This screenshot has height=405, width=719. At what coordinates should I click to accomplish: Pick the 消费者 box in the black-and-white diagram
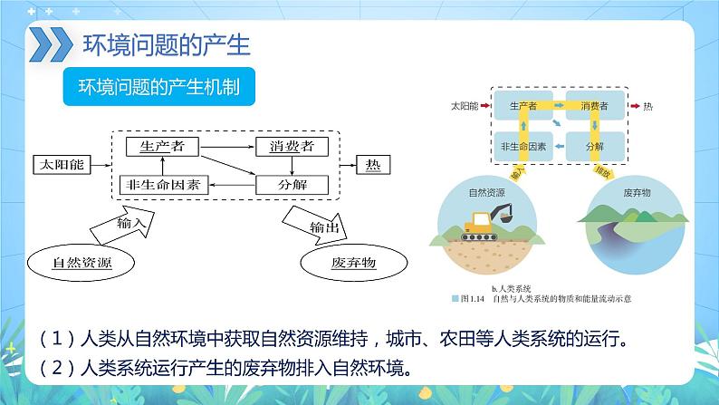point(286,145)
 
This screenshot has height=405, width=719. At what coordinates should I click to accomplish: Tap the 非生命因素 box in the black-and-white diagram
point(163,184)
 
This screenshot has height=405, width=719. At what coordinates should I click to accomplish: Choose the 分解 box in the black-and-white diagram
point(286,184)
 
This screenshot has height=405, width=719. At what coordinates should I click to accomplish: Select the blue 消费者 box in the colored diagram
point(594,106)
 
